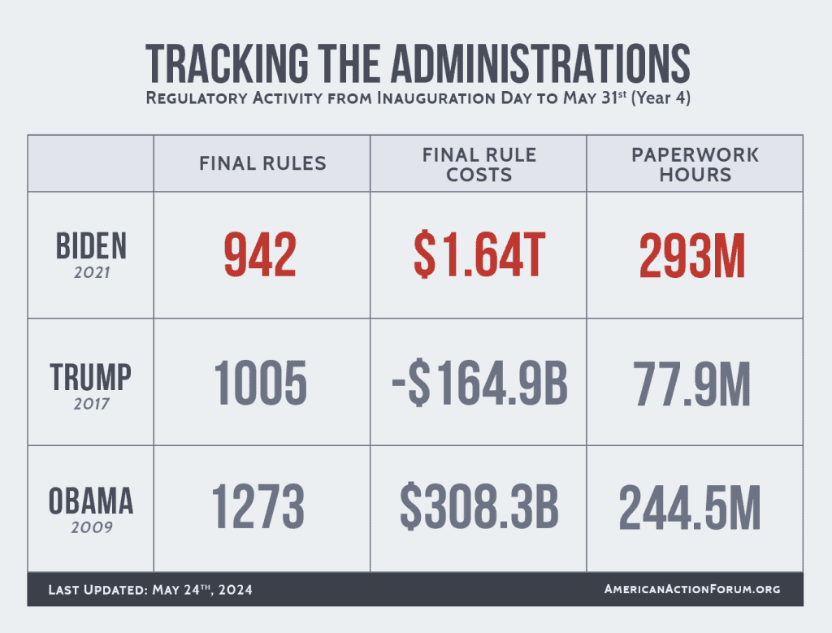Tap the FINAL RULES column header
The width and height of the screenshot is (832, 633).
[x=262, y=163]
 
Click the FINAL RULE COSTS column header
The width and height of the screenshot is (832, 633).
[x=479, y=163]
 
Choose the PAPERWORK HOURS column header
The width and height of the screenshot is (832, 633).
[x=695, y=163]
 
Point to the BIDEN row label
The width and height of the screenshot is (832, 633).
[x=90, y=245]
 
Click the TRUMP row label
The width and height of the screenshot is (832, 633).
[x=90, y=377]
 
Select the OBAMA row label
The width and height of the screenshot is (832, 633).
[x=90, y=502]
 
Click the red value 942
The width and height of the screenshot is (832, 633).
[x=260, y=255]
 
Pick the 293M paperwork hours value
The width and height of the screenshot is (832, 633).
[x=693, y=255]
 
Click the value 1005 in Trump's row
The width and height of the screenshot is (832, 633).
[x=260, y=383]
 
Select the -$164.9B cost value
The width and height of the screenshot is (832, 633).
[x=479, y=383]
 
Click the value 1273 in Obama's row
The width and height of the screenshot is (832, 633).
[x=260, y=508]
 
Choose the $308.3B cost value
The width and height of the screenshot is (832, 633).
[x=479, y=508]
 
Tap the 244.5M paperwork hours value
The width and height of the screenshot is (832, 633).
[x=691, y=508]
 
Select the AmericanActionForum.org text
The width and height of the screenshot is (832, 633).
[x=692, y=589]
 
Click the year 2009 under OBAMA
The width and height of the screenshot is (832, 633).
[x=90, y=527]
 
